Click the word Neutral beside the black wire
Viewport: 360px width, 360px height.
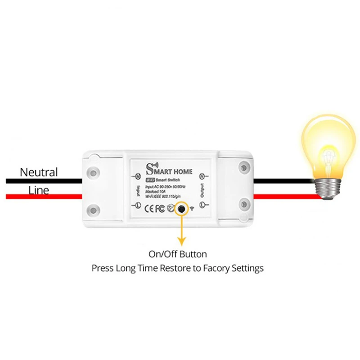click(39, 172)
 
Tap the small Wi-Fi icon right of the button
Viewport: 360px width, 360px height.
click(192, 208)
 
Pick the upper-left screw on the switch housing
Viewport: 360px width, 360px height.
click(94, 172)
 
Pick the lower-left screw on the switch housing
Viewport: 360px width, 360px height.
click(94, 209)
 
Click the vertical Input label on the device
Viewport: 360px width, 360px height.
click(136, 189)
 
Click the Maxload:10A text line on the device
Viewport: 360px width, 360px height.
click(158, 191)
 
